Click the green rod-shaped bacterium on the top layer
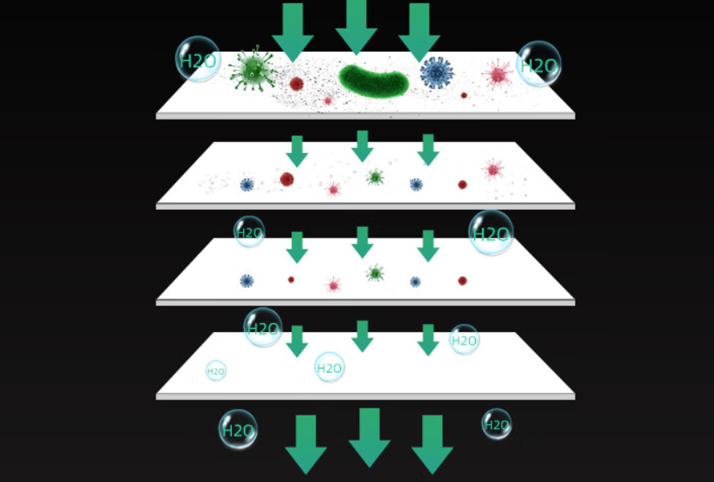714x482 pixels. point(374,79)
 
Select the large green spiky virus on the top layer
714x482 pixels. point(252,70)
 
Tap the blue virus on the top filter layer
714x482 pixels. point(437,73)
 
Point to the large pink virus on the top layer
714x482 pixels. point(498,75)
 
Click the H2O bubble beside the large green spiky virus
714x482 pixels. point(198,60)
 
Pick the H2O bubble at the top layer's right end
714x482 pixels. point(539,64)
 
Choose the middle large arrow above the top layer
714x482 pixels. point(357,26)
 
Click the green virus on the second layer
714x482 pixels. point(374,177)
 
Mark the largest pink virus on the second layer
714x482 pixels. point(493,169)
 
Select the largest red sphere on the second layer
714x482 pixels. point(287,179)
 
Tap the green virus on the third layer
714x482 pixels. point(374,273)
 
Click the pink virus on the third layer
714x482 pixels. point(332,284)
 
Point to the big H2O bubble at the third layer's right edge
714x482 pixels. point(491,233)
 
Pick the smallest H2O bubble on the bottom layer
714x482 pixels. point(216,371)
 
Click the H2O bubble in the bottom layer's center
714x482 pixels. point(329,368)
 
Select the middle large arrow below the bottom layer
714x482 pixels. point(370,437)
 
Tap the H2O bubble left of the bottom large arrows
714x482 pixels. point(237,430)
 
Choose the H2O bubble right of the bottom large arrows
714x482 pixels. point(497,424)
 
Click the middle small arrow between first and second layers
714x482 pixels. point(362,145)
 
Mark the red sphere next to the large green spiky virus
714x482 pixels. point(297,83)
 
